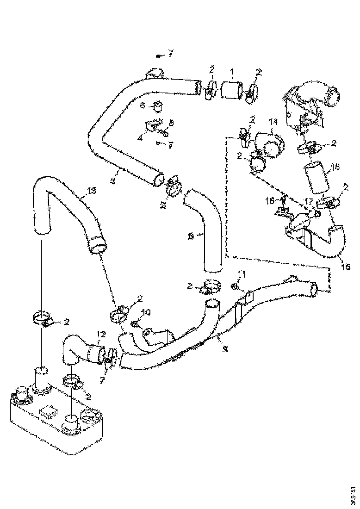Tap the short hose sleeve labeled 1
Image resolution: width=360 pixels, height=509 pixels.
pos(232,89)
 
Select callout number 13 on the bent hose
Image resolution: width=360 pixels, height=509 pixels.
pos(92,190)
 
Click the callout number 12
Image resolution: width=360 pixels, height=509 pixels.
pos(101,333)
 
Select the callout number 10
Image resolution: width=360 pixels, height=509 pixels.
pos(145,313)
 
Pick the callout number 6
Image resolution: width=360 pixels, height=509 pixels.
pos(143,106)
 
